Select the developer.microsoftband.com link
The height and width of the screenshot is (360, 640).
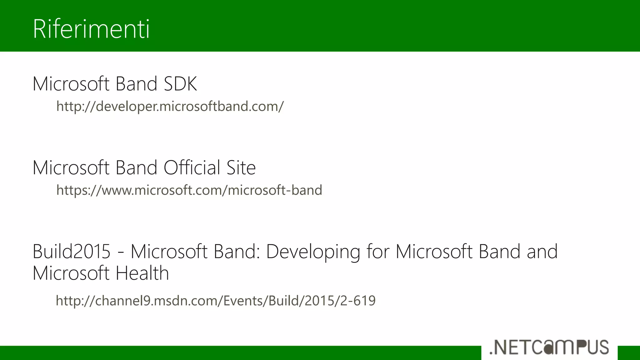[170, 106]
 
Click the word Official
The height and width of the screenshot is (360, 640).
[192, 167]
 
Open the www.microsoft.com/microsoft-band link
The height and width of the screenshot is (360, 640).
[189, 190]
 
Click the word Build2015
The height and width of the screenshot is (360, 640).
[72, 251]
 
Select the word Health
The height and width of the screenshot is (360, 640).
[142, 273]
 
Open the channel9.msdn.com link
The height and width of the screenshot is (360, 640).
[216, 301]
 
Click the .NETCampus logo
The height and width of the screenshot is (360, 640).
[549, 347]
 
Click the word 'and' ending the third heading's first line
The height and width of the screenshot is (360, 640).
[542, 251]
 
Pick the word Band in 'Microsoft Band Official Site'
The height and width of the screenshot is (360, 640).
[136, 167]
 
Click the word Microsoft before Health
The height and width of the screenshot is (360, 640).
[71, 273]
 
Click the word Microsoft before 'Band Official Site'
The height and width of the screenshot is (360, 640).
[71, 167]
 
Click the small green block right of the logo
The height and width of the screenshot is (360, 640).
[629, 353]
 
